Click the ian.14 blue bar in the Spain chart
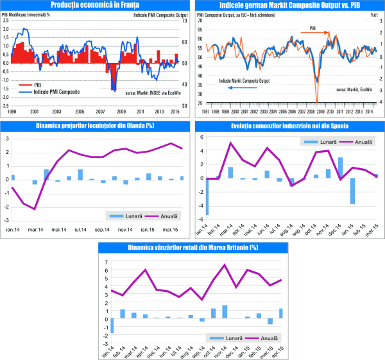tap(207, 196)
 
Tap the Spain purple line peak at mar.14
tap(230, 142)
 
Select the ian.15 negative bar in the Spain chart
tap(352, 191)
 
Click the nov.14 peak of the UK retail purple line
tap(225, 264)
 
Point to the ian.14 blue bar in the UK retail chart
tap(112, 325)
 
